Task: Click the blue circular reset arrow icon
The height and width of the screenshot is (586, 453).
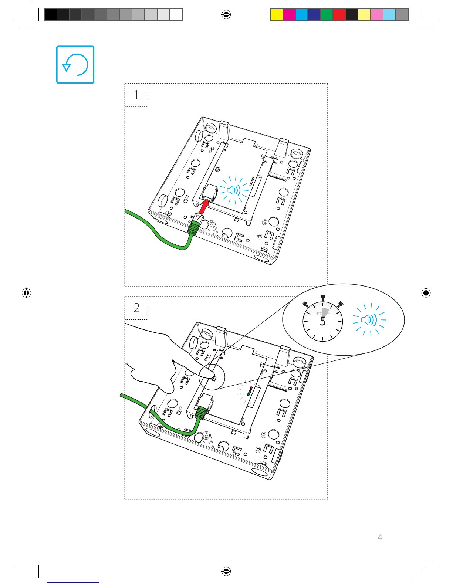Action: (x=75, y=64)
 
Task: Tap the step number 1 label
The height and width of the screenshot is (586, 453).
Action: (x=136, y=95)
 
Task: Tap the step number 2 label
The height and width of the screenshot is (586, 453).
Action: (x=136, y=308)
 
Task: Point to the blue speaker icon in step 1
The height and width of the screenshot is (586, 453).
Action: (x=233, y=190)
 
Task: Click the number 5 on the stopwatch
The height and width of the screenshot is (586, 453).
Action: (x=323, y=321)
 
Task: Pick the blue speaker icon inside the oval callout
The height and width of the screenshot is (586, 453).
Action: (x=369, y=320)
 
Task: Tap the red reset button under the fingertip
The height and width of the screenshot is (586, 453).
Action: (x=214, y=378)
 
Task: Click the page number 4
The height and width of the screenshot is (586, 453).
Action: (x=380, y=537)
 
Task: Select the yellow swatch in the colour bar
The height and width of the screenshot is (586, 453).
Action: (x=276, y=14)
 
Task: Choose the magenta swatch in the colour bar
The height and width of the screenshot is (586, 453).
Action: (x=289, y=14)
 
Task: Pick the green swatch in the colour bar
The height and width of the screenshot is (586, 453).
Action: (x=327, y=14)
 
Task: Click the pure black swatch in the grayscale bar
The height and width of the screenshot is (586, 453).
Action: (x=51, y=14)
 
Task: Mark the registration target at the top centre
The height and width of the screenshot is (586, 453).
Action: (x=226, y=14)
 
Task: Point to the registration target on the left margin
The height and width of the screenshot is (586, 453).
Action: (x=26, y=292)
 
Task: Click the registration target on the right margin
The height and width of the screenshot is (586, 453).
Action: (x=426, y=292)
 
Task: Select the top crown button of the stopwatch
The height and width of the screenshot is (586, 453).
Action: (x=323, y=298)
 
